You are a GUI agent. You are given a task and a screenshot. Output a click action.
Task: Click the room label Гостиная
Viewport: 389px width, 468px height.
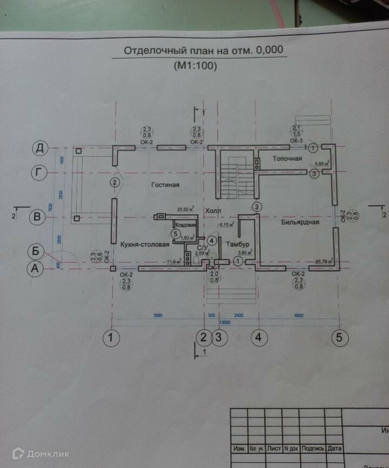pos(165,185)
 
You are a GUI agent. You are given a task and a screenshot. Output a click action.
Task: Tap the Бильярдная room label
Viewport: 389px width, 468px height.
pos(300,222)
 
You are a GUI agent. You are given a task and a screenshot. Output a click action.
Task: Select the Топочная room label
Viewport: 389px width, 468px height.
pos(286,159)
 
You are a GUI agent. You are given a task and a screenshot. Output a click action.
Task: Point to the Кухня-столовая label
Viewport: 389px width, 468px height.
pos(144,244)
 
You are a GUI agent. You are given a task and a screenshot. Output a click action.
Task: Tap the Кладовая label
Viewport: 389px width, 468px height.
pos(185,225)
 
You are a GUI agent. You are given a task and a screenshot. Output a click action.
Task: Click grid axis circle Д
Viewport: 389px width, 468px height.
pos(39,147)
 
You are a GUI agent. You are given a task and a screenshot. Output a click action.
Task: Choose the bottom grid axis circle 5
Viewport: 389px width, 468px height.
pos(339,337)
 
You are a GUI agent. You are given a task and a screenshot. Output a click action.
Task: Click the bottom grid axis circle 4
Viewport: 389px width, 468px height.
pos(258,337)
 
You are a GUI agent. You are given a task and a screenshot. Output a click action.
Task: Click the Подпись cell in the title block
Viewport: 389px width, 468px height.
pos(313,448)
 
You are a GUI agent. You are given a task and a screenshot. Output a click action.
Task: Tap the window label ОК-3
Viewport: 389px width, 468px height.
pos(296,141)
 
